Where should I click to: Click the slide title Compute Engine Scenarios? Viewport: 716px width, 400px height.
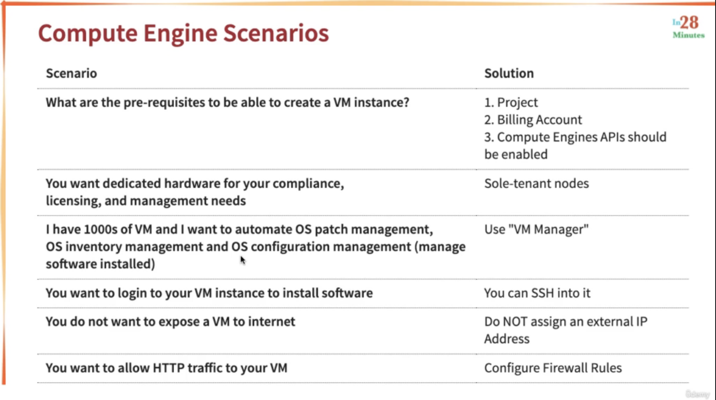(x=183, y=34)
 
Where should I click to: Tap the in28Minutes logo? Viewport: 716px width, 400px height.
(x=689, y=27)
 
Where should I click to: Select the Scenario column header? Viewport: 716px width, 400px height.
(x=71, y=73)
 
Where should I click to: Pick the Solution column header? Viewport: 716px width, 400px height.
(x=509, y=73)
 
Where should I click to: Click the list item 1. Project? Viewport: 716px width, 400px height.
(x=511, y=102)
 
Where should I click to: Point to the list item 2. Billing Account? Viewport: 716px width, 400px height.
(x=533, y=120)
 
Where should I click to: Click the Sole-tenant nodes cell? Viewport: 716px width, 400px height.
(x=536, y=183)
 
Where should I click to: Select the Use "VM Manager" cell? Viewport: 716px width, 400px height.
(x=536, y=229)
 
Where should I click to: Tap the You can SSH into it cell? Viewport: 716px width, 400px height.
(x=537, y=293)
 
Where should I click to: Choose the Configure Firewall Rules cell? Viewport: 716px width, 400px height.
(x=553, y=368)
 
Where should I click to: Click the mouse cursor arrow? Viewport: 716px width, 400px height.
(x=243, y=260)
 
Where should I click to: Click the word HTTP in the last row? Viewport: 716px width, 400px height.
(x=169, y=368)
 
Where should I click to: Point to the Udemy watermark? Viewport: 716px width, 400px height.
(x=697, y=394)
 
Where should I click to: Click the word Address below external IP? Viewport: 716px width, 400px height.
(x=507, y=339)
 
